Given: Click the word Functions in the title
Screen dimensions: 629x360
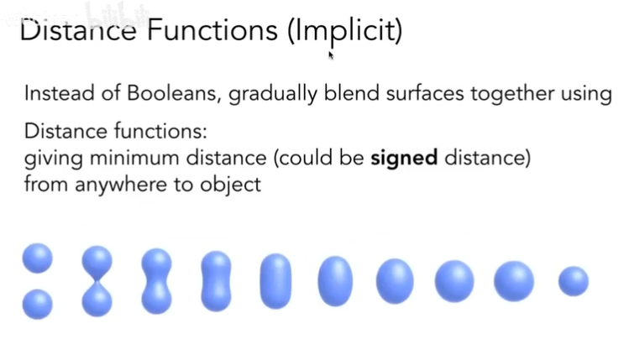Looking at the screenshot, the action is point(212,29).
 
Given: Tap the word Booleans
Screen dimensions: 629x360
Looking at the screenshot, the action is point(174,93).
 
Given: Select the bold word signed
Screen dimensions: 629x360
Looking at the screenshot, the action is point(404,158).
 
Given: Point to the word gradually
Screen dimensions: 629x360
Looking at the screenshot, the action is point(273,94).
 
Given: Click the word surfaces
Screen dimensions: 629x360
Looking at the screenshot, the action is point(425,93).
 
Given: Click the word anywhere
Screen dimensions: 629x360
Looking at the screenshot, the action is point(121,185).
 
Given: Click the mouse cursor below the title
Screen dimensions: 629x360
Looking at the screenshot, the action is point(331,55).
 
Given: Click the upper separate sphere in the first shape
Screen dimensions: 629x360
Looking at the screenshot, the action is point(37,258).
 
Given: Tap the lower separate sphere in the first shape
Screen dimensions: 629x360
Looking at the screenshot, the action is point(37,305).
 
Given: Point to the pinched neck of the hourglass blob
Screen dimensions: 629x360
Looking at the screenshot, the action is point(97,281).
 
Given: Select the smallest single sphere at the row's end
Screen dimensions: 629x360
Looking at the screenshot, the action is point(574,281).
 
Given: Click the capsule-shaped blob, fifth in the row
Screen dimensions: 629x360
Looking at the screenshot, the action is point(275,281).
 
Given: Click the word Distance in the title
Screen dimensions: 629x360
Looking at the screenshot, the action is point(78,30).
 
